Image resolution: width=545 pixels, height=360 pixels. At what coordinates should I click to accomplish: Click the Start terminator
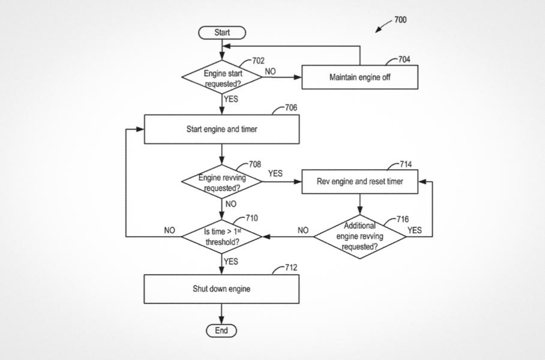point(221,32)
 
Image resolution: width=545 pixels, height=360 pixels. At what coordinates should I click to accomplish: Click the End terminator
point(221,331)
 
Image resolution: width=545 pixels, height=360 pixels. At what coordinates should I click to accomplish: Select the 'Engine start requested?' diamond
point(222,78)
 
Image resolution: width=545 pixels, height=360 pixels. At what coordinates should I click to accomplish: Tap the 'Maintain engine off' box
point(360,77)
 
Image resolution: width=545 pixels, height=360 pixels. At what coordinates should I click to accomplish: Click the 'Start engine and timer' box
point(221,129)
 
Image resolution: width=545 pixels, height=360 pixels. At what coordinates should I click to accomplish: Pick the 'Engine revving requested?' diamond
point(222,182)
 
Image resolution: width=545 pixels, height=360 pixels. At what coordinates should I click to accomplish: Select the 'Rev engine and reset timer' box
point(360,181)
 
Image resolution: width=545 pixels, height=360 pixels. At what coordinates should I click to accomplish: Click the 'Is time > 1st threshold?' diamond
point(222,236)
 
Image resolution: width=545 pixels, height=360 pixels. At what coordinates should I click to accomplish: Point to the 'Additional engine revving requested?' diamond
point(360,236)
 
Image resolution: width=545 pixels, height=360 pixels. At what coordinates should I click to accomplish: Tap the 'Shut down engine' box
point(221,289)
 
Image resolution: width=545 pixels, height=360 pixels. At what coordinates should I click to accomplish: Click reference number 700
point(400,20)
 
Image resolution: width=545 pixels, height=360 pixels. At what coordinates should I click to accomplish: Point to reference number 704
point(405,60)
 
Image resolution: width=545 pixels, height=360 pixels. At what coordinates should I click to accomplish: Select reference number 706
point(291,108)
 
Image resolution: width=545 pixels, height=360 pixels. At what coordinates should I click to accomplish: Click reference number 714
point(406,164)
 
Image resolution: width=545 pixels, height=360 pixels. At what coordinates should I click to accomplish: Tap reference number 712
point(291,268)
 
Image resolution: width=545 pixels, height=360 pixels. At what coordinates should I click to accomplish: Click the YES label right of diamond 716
point(415,230)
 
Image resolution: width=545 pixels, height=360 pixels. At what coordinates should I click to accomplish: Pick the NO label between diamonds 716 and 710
point(303,230)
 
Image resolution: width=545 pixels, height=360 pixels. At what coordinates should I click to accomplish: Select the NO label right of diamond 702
point(270,71)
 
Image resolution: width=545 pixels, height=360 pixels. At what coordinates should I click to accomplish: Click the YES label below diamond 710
point(230,262)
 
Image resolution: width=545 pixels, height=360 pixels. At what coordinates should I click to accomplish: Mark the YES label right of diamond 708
point(275,173)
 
